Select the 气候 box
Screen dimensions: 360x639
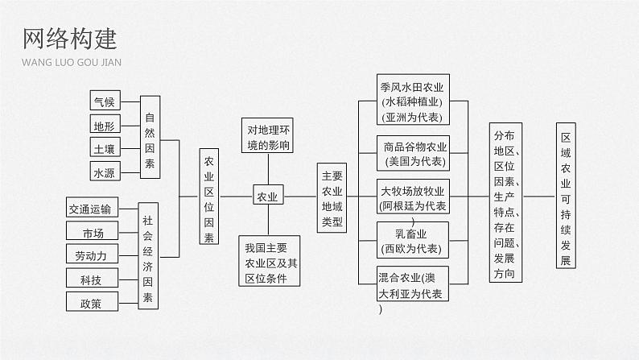click(105, 101)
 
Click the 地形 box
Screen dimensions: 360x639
click(105, 125)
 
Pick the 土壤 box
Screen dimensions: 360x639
click(105, 148)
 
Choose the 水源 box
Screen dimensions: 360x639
click(105, 172)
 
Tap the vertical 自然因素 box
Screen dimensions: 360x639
click(150, 136)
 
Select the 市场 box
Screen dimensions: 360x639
click(93, 233)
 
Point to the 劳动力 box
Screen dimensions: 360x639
click(93, 255)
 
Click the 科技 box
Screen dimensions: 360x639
click(91, 279)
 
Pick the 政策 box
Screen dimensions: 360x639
click(91, 303)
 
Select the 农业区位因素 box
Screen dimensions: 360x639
click(209, 197)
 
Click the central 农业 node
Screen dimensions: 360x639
click(266, 196)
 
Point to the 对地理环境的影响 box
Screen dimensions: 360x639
click(267, 137)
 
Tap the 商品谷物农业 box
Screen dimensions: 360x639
click(414, 155)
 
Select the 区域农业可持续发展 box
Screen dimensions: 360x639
click(566, 197)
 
